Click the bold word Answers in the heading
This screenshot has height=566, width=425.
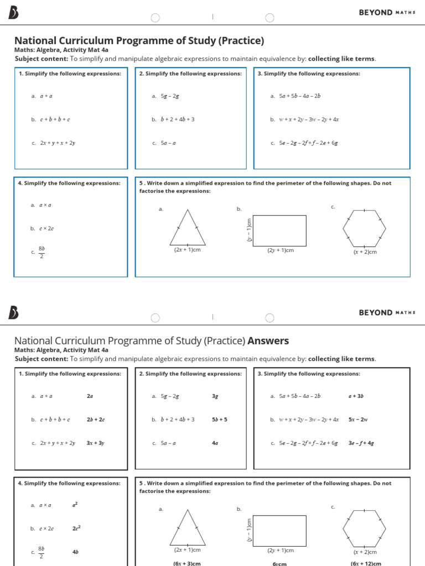tap(268, 341)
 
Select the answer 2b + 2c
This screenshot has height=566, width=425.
tap(96, 420)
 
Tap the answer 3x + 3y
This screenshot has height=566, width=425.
tap(95, 443)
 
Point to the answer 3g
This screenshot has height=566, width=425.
tap(215, 396)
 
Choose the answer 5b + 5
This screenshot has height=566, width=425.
tap(220, 420)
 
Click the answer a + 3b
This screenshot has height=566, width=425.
tap(356, 396)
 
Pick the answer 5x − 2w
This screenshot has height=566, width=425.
tap(358, 420)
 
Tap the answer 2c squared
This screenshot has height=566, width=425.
tap(76, 528)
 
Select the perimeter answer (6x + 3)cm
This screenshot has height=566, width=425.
tap(187, 563)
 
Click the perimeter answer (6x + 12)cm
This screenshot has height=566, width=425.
tap(366, 563)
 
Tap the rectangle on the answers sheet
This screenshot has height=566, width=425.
tap(280, 530)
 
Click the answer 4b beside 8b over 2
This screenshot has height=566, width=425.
tap(75, 552)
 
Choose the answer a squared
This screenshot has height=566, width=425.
tap(75, 505)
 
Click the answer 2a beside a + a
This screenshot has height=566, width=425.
tap(90, 396)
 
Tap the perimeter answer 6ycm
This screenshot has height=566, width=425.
tap(279, 563)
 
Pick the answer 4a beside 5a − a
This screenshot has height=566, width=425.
tap(215, 443)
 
